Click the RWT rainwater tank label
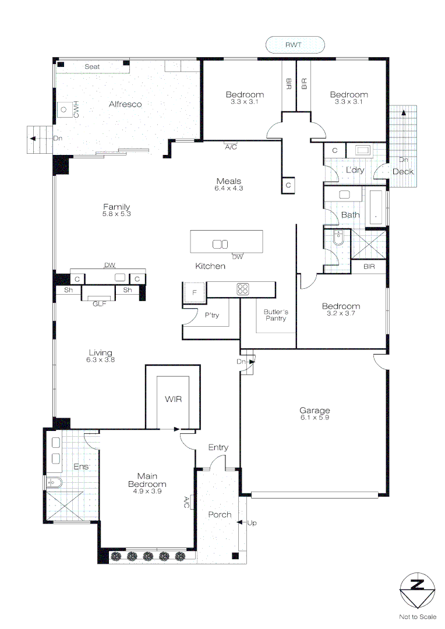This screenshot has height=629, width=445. pyautogui.click(x=294, y=44)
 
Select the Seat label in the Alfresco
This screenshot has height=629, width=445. pyautogui.click(x=92, y=67)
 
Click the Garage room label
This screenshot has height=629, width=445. pyautogui.click(x=315, y=411)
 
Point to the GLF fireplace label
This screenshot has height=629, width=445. pyautogui.click(x=99, y=303)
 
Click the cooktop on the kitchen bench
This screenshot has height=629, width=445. pyautogui.click(x=243, y=288)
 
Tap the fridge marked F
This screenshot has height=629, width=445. pyautogui.click(x=195, y=292)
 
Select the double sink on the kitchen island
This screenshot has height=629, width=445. pyautogui.click(x=220, y=244)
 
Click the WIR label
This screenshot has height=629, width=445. pyautogui.click(x=173, y=400)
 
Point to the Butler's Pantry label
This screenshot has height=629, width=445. pyautogui.click(x=276, y=315)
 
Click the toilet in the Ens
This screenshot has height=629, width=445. pyautogui.click(x=53, y=482)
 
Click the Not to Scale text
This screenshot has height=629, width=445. pyautogui.click(x=417, y=617)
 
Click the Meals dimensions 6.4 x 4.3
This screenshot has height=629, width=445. pyautogui.click(x=228, y=188)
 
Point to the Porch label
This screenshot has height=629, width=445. pyautogui.click(x=220, y=514)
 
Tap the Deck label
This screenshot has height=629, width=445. pyautogui.click(x=402, y=171)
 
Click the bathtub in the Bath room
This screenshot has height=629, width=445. pyautogui.click(x=376, y=207)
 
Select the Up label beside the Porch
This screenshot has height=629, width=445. pyautogui.click(x=252, y=523)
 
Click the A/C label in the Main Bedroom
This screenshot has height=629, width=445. pyautogui.click(x=186, y=502)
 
